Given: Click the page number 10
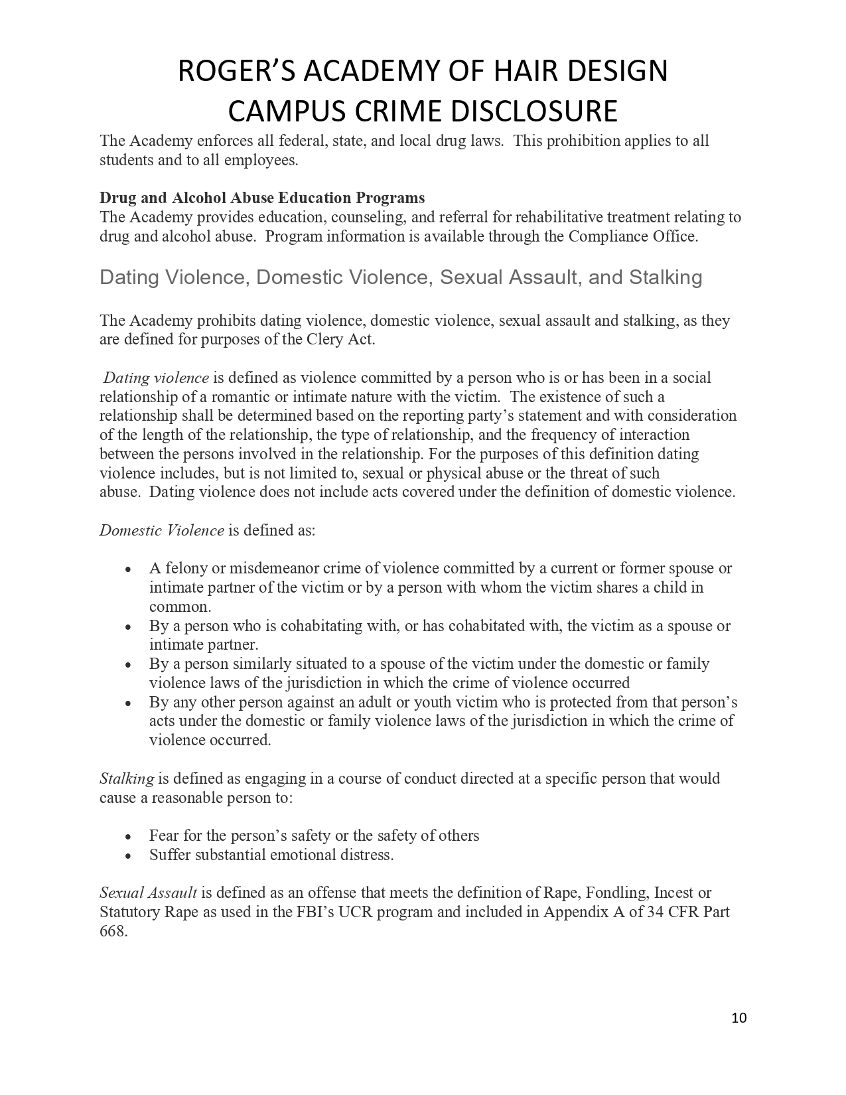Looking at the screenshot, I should click(x=739, y=1018).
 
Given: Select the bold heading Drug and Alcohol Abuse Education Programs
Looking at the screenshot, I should click(x=262, y=198).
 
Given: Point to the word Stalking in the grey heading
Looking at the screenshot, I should click(x=666, y=277).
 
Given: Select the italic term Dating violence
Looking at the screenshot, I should click(x=156, y=378).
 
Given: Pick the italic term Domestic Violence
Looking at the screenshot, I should click(x=162, y=530).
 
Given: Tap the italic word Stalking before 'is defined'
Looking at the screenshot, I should click(x=127, y=778).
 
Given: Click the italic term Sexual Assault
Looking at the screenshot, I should click(x=148, y=893).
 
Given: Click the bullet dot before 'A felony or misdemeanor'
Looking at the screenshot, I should click(x=128, y=569).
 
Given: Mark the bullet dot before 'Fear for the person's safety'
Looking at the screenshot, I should click(x=128, y=837).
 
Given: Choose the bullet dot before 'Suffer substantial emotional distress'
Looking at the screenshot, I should click(x=128, y=856).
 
